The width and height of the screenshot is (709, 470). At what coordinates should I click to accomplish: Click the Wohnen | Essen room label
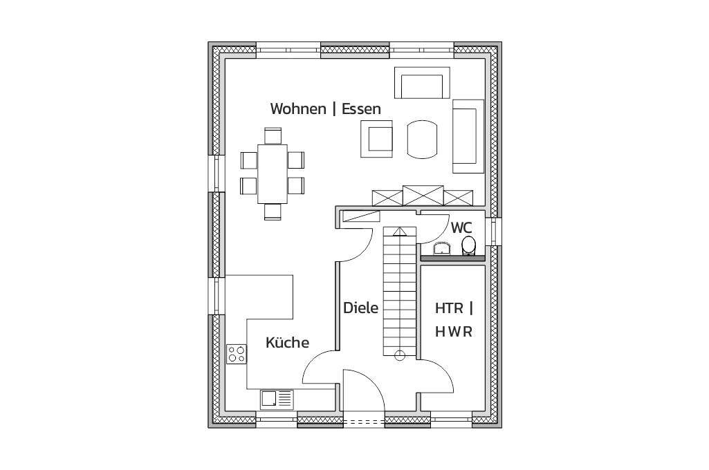pyautogui.click(x=326, y=109)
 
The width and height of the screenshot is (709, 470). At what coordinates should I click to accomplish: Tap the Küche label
pyautogui.click(x=288, y=342)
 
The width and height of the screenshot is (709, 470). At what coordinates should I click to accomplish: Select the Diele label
pyautogui.click(x=360, y=308)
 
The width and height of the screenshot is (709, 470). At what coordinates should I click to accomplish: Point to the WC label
pyautogui.click(x=461, y=228)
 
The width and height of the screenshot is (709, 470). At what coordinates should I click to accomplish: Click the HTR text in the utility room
pyautogui.click(x=449, y=309)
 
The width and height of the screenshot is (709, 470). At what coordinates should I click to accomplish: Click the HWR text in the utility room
pyautogui.click(x=454, y=332)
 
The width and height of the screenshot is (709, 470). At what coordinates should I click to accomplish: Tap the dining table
pyautogui.click(x=273, y=174)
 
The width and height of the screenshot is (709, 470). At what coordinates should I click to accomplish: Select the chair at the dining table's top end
pyautogui.click(x=273, y=135)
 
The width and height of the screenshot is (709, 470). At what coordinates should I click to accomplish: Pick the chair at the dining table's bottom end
pyautogui.click(x=273, y=212)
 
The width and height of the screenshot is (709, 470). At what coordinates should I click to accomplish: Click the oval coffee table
pyautogui.click(x=423, y=139)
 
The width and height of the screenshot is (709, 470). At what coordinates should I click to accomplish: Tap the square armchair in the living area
pyautogui.click(x=377, y=139)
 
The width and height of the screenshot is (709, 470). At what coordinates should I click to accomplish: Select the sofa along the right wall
pyautogui.click(x=468, y=136)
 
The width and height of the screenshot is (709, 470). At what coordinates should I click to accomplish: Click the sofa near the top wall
pyautogui.click(x=423, y=83)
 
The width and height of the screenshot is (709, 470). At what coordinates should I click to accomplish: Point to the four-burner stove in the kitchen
pyautogui.click(x=237, y=354)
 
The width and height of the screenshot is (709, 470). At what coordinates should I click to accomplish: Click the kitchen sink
pyautogui.click(x=277, y=399)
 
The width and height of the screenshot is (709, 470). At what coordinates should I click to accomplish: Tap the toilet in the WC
pyautogui.click(x=469, y=246)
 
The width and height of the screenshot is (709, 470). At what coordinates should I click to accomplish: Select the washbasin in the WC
pyautogui.click(x=441, y=249)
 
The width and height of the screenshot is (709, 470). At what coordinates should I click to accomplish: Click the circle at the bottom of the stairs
pyautogui.click(x=400, y=355)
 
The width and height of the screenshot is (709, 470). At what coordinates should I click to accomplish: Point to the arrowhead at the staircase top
pyautogui.click(x=399, y=232)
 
